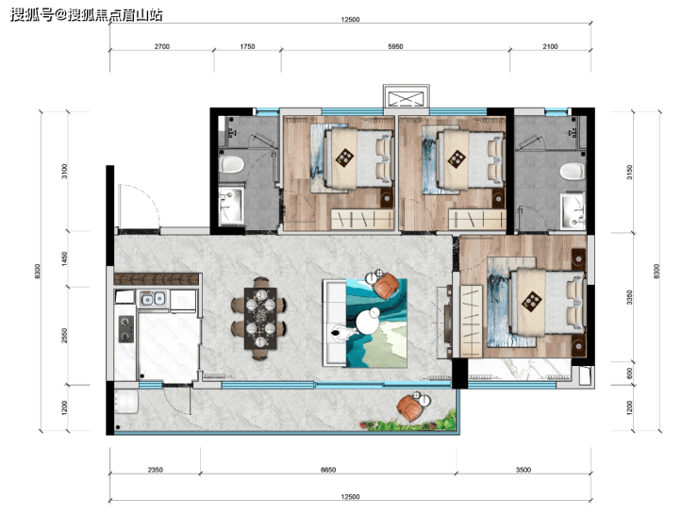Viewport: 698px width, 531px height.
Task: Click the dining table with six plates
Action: coord(260,318)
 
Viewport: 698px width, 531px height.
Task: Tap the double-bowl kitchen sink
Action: coord(153,298)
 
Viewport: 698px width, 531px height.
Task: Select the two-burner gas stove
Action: coord(126,329)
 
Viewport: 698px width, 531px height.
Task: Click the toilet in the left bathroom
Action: coord(231,164)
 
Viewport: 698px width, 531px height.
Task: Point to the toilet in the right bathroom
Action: coord(573,171)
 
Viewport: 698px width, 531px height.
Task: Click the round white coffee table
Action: coord(368,322)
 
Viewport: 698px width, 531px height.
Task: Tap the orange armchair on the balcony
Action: coord(410,408)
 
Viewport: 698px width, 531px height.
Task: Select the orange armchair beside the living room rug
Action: coord(386,287)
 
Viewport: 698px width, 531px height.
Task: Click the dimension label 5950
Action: coord(395,46)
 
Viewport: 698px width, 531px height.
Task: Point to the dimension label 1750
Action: coord(247,46)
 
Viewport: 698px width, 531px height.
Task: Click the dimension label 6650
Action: coord(328,470)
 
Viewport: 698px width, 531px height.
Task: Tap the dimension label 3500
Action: coord(523,470)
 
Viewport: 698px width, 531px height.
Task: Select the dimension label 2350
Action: coord(156,470)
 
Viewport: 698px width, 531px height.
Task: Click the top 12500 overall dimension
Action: coord(350,19)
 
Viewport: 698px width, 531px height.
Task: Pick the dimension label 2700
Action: coord(162,46)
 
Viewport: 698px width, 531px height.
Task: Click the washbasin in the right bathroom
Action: coord(573,210)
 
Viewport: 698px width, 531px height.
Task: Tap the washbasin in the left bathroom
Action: coord(231,206)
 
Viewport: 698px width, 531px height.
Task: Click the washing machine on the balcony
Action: coord(126,401)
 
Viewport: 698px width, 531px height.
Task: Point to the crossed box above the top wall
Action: coord(407,98)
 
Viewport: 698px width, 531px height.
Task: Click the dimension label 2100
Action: coord(550,46)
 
